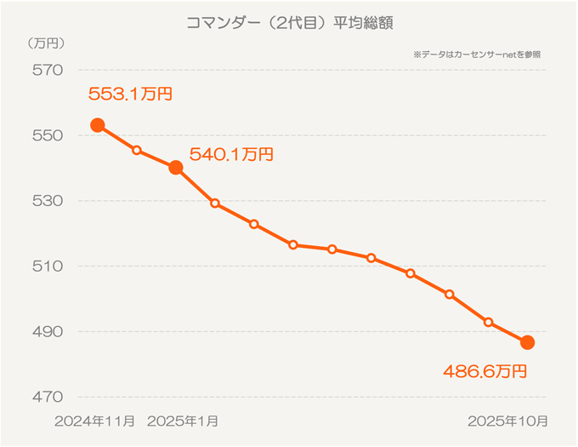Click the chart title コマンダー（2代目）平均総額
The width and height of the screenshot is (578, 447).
[x=288, y=23]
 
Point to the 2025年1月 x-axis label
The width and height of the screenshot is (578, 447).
[x=183, y=421]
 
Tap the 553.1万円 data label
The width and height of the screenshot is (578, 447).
[x=130, y=94]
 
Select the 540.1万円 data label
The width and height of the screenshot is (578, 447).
[x=231, y=154]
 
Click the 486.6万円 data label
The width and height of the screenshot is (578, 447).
[x=485, y=371]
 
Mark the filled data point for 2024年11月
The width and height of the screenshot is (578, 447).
[x=98, y=125]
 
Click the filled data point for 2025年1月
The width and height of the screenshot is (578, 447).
[x=176, y=168]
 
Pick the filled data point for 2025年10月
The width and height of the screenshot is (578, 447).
[x=527, y=342]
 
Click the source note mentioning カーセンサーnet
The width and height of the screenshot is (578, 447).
[x=477, y=54]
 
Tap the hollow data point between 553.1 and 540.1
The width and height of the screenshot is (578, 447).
[x=137, y=150]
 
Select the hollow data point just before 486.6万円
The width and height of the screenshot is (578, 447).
[x=488, y=322]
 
